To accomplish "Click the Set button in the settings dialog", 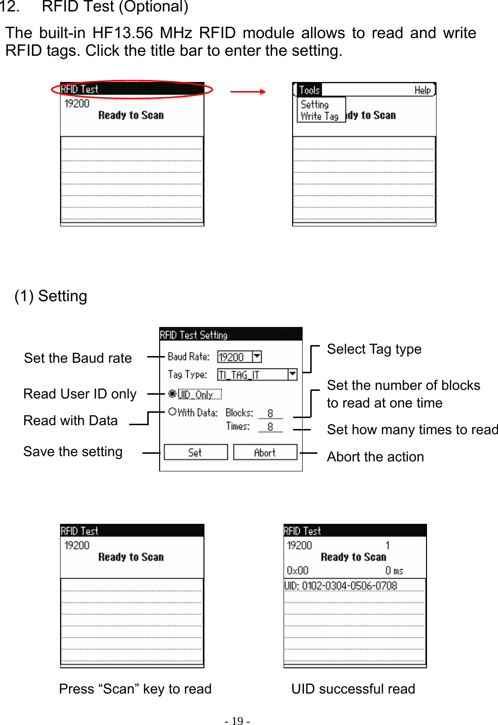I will (x=195, y=452).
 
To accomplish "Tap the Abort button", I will (x=265, y=452).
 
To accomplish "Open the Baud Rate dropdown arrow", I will (x=257, y=356).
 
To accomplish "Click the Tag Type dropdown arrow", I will (x=292, y=374).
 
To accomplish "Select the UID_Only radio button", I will (x=173, y=394).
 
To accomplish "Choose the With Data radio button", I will (x=173, y=411).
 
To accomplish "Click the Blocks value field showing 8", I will (x=270, y=413).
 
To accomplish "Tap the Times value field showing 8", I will (x=270, y=427).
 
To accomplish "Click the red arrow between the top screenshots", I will (x=248, y=92).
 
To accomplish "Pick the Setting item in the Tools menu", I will (x=315, y=104).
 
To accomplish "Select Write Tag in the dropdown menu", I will (x=319, y=116).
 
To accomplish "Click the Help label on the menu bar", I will (x=422, y=90).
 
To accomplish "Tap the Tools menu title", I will (x=309, y=90).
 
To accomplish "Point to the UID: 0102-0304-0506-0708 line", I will (x=341, y=585).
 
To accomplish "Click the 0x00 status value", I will (x=297, y=571).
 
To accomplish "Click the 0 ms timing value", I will (x=394, y=571).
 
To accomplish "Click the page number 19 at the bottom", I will (x=237, y=721).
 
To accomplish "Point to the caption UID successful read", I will (x=353, y=689).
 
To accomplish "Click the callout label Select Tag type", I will (x=374, y=349).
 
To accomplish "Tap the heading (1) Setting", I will (x=51, y=296).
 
